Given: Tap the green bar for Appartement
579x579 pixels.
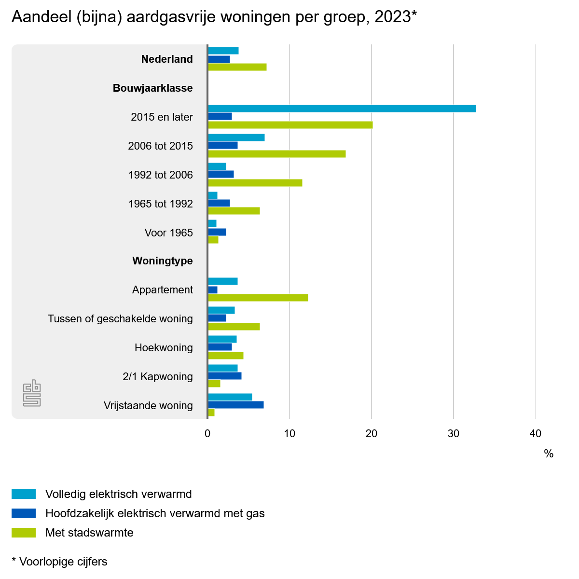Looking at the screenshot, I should [x=258, y=298].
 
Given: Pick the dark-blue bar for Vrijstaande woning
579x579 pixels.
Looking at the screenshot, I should [x=235, y=405].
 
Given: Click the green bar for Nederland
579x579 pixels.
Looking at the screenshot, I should [x=237, y=67].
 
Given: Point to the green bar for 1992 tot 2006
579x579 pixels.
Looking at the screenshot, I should [x=255, y=183].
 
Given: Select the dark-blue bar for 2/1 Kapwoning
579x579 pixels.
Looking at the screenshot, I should [x=224, y=376].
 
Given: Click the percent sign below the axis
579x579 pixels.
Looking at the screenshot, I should [x=549, y=454].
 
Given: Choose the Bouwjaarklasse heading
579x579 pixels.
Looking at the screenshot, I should [x=152, y=88].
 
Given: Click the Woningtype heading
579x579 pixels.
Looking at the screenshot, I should [x=163, y=261].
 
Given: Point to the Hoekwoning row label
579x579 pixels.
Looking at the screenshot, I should [x=164, y=348].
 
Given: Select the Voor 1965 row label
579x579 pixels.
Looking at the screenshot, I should [x=168, y=233].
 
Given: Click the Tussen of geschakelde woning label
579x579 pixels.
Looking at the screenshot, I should [x=120, y=319].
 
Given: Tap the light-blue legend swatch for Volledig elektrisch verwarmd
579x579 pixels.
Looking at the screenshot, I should [x=24, y=494].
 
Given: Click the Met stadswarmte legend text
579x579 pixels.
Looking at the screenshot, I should [x=89, y=533].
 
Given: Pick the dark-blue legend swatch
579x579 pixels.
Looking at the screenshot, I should [x=24, y=513].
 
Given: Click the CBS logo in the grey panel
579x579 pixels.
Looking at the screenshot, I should [x=32, y=393].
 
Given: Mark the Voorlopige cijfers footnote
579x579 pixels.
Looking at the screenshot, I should [x=59, y=562].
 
